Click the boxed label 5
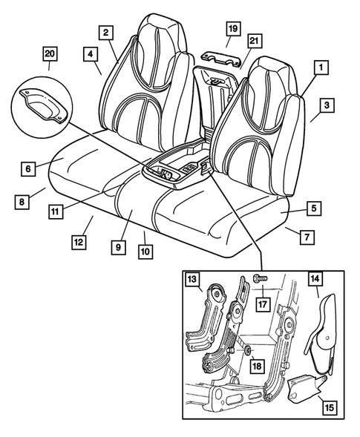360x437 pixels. [315, 210]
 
